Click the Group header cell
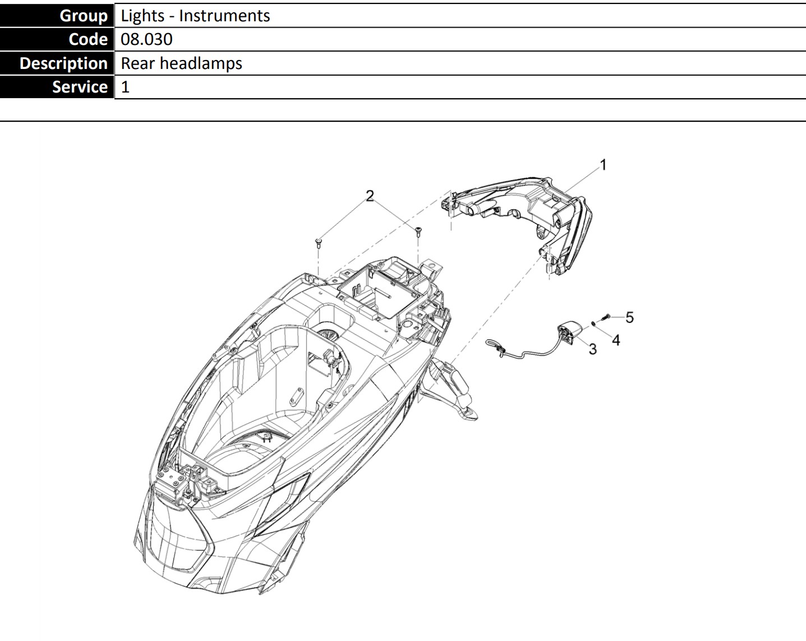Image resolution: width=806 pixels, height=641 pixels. (x=57, y=15)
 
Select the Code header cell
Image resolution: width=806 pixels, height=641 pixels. (x=57, y=39)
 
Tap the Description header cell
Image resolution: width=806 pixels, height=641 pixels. (x=57, y=63)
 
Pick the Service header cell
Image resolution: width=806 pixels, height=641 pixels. (x=57, y=87)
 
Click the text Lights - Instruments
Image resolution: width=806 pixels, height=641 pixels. (x=195, y=16)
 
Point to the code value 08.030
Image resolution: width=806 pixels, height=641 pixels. (x=146, y=39)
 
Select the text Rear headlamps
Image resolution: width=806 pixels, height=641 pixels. (x=181, y=63)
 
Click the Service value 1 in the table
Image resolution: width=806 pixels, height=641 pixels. (x=125, y=87)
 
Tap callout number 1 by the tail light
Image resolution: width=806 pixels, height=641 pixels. (x=603, y=165)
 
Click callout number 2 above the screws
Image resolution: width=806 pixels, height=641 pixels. (x=370, y=196)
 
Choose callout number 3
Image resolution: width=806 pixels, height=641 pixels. (x=592, y=349)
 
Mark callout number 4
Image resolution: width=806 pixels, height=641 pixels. (x=616, y=340)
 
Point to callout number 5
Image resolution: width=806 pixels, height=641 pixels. (x=629, y=317)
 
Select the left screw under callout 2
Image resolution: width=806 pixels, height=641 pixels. (x=319, y=243)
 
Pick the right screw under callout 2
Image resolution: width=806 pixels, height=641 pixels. (x=418, y=232)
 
